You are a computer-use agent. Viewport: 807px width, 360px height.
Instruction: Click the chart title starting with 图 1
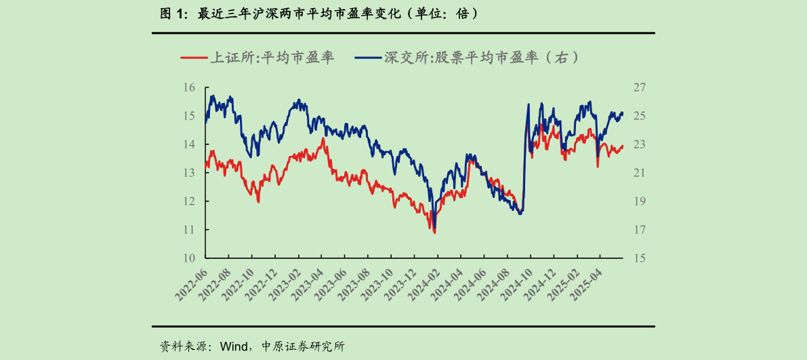[318, 13]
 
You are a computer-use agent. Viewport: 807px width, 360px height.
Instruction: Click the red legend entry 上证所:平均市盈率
[257, 58]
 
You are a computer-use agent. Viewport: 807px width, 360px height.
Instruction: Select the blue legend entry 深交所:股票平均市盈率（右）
[467, 58]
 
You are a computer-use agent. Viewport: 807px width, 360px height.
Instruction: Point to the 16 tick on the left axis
[189, 87]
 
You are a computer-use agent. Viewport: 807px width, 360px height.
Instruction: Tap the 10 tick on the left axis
[189, 258]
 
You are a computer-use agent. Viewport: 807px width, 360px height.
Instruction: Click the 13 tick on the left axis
[189, 173]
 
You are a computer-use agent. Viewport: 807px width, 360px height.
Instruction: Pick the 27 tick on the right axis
[640, 87]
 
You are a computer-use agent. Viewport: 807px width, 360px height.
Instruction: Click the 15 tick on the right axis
[640, 258]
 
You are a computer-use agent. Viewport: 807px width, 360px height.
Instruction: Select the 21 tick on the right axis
[640, 173]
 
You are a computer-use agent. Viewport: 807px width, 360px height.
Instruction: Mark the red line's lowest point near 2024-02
[434, 233]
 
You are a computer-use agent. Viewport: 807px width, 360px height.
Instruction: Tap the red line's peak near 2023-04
[324, 138]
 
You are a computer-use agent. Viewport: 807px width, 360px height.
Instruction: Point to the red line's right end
[623, 146]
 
